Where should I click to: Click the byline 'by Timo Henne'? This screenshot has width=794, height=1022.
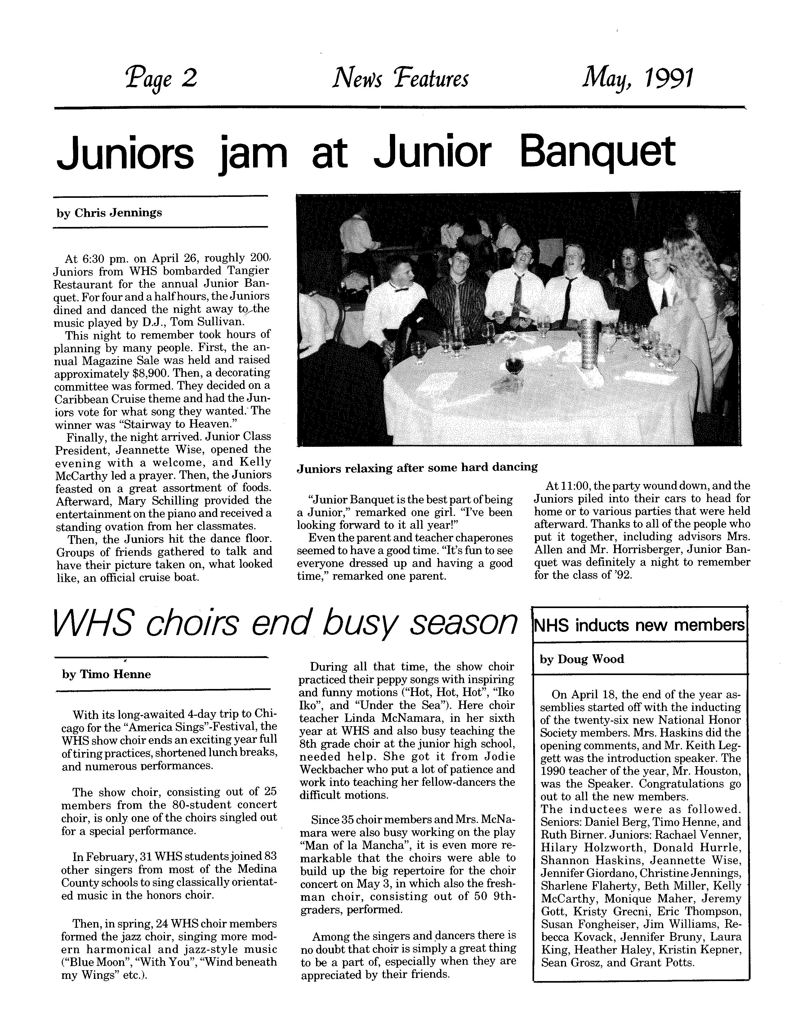tap(106, 674)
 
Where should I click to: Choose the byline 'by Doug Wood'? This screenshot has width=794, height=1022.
tap(582, 659)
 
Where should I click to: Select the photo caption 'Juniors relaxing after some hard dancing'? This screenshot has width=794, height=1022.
tap(417, 467)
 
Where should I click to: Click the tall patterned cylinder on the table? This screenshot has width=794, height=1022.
tap(587, 342)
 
